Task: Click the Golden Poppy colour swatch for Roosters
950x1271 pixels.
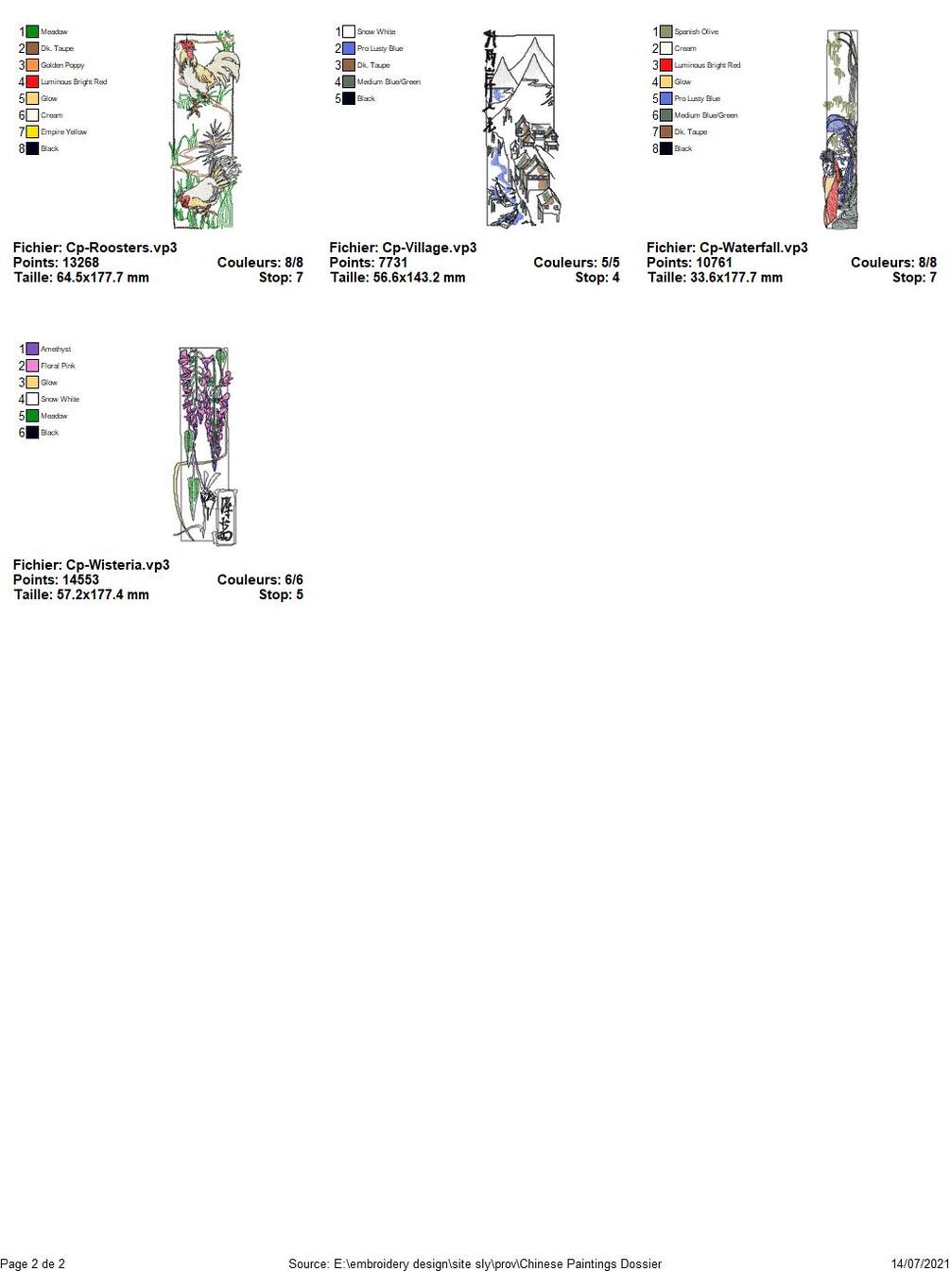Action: [32, 65]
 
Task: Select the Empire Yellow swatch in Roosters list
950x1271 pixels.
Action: [32, 132]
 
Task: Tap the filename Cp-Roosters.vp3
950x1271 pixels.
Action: [121, 248]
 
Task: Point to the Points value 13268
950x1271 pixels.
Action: [80, 263]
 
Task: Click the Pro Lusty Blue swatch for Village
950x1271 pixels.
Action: [349, 48]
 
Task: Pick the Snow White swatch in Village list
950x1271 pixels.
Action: [349, 32]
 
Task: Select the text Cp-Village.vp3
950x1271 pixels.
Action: [429, 248]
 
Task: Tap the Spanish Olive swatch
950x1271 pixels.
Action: [665, 32]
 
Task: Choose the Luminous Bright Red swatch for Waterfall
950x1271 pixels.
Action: [665, 65]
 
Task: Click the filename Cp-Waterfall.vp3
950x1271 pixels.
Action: [753, 248]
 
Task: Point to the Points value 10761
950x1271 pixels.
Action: [714, 263]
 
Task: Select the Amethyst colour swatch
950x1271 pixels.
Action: [32, 350]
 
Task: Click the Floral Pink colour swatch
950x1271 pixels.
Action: [32, 366]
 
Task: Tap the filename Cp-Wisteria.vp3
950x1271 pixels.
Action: [117, 565]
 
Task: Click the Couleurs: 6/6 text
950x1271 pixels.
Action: [260, 580]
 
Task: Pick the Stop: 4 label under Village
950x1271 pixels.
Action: [597, 278]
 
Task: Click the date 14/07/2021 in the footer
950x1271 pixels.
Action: [920, 1263]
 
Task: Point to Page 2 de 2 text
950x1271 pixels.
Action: [33, 1263]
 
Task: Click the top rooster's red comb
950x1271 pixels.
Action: [187, 43]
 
